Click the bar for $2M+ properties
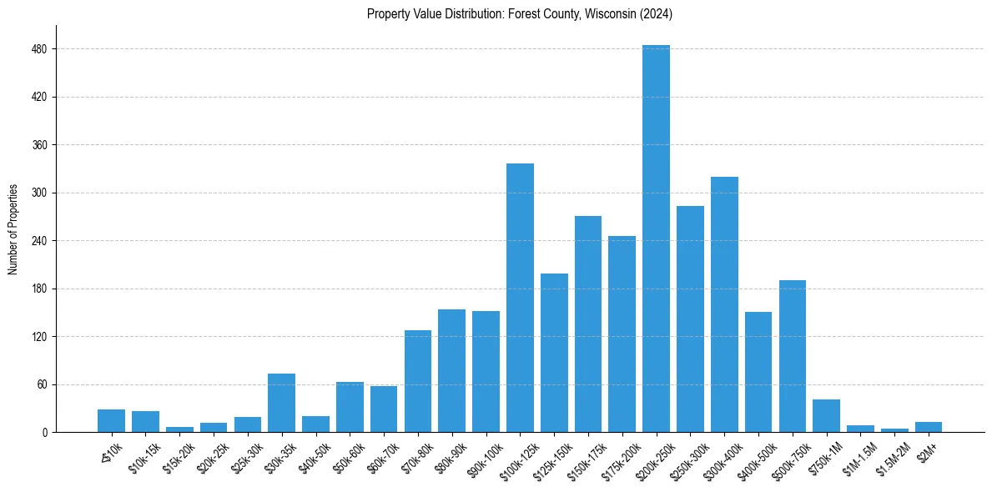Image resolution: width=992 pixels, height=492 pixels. (x=928, y=427)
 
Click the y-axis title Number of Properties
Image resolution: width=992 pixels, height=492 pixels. (x=13, y=229)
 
